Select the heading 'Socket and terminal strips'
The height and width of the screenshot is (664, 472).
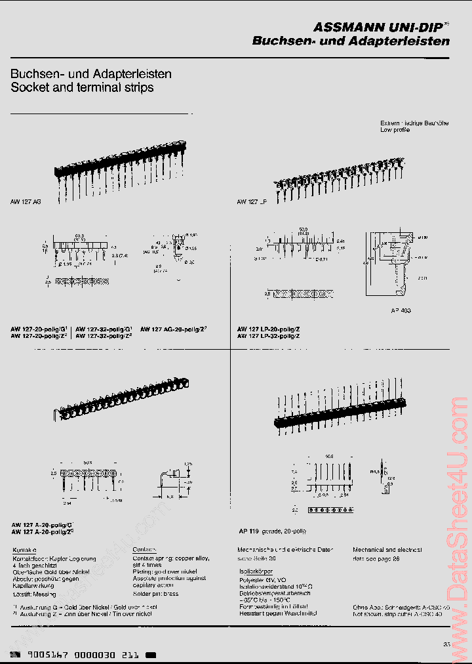pyautogui.click(x=82, y=87)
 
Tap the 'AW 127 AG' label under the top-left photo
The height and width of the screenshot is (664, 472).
pyautogui.click(x=26, y=203)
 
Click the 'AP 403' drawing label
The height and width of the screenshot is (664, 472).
pyautogui.click(x=401, y=310)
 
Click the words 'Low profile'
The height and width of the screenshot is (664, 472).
pyautogui.click(x=395, y=131)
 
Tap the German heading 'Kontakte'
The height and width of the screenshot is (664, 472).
pyautogui.click(x=24, y=550)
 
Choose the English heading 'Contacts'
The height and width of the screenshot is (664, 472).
pyautogui.click(x=145, y=550)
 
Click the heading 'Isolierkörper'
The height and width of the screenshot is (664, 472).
pyautogui.click(x=255, y=571)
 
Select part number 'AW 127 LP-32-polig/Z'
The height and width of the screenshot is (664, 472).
pyautogui.click(x=269, y=336)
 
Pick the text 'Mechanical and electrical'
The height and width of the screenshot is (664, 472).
pyautogui.click(x=387, y=550)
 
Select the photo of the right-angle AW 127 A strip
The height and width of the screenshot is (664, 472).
pyautogui.click(x=121, y=400)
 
